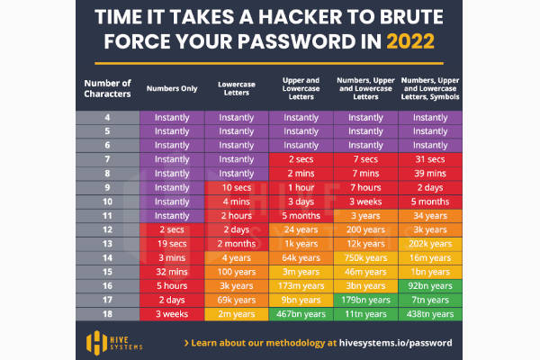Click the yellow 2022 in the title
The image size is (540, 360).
click(x=410, y=41)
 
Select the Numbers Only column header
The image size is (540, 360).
click(x=172, y=88)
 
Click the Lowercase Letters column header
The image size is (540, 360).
click(x=236, y=88)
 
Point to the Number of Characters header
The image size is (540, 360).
click(x=107, y=88)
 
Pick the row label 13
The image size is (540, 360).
click(x=107, y=244)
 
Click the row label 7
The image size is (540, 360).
click(x=107, y=159)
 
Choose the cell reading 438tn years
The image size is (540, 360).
click(x=430, y=314)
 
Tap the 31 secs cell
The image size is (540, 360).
click(x=430, y=159)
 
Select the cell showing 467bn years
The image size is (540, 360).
click(x=301, y=314)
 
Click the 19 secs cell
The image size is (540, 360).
click(x=172, y=244)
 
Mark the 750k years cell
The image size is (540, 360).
click(x=365, y=257)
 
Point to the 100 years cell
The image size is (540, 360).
click(x=236, y=272)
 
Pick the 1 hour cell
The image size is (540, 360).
click(x=301, y=187)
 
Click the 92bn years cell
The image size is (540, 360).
click(x=430, y=285)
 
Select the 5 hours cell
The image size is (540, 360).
click(x=172, y=285)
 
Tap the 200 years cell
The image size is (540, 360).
click(x=365, y=229)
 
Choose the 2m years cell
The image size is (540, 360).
click(x=236, y=314)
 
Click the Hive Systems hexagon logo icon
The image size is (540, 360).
click(x=97, y=343)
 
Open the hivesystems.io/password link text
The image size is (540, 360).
click(x=395, y=343)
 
